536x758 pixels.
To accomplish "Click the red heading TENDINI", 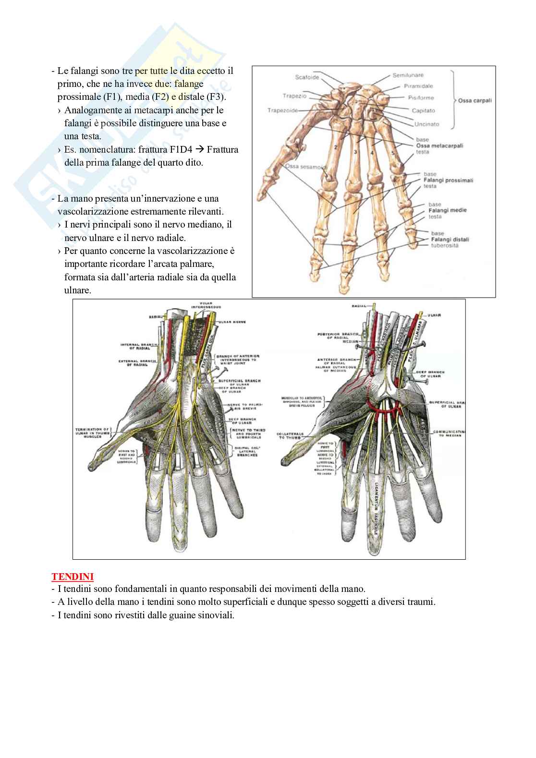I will click(73, 576).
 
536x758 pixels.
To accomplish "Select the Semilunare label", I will click(408, 75).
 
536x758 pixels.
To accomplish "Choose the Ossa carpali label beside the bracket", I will click(475, 101).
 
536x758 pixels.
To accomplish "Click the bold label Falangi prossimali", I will click(449, 180).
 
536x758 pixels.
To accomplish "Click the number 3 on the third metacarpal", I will click(355, 152).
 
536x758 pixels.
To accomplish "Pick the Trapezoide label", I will click(283, 110).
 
